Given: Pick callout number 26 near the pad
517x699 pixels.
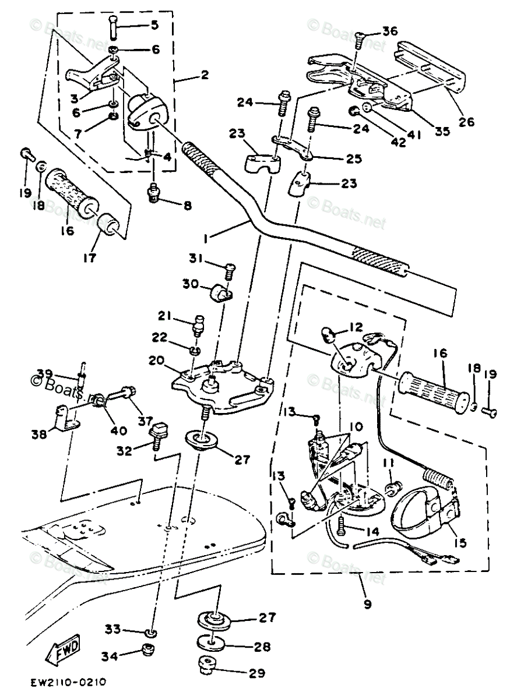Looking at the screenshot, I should [466, 122].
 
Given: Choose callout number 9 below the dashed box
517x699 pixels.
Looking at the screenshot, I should [367, 604].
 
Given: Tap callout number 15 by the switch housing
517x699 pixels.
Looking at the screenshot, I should [460, 543].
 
